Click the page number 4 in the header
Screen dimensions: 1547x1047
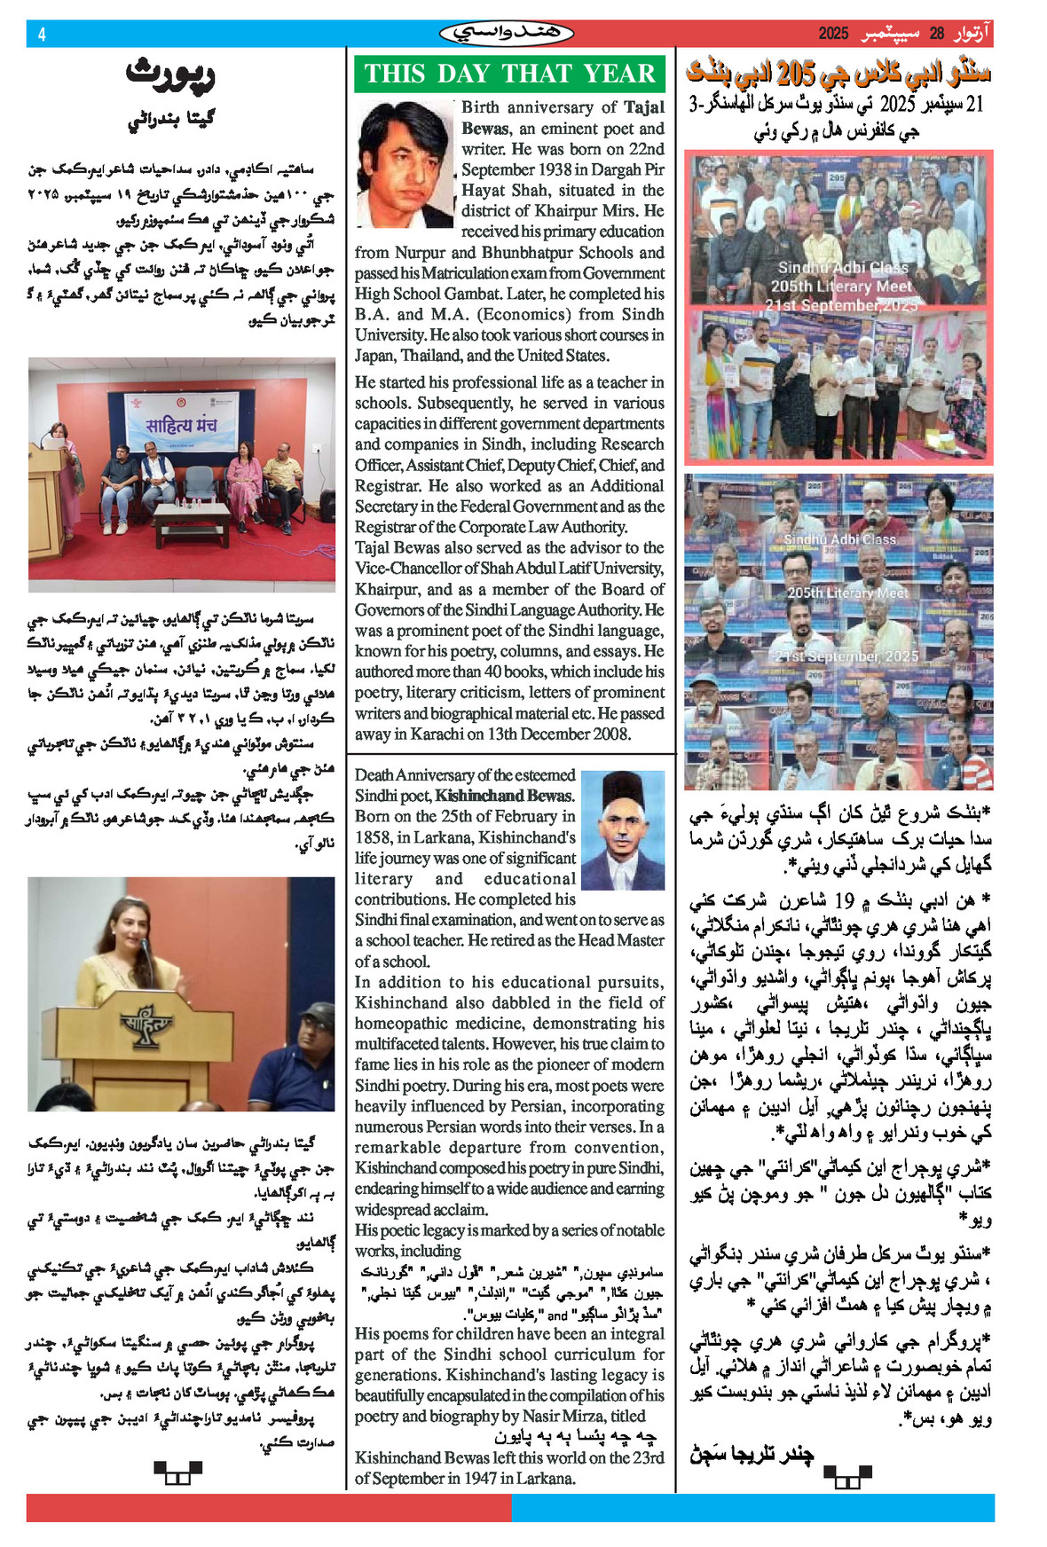(x=41, y=35)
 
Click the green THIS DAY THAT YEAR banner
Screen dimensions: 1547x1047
(x=509, y=74)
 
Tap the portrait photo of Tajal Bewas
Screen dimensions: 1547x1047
(x=405, y=164)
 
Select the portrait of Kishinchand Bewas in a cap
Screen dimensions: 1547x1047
(x=622, y=830)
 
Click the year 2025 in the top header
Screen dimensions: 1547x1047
(x=833, y=34)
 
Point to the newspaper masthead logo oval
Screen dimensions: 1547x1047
(x=507, y=34)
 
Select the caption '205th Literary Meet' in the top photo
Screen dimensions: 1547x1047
(x=840, y=286)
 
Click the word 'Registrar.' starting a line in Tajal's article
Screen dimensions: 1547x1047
(x=389, y=486)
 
